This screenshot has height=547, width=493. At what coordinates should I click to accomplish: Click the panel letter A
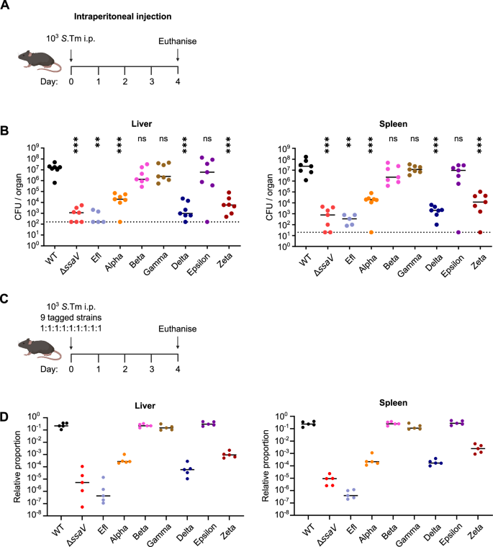point(6,6)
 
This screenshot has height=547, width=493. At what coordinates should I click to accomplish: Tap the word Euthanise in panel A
point(177,42)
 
